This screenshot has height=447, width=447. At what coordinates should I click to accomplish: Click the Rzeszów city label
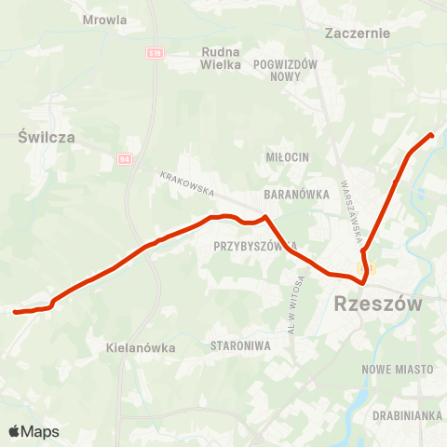tap(376, 304)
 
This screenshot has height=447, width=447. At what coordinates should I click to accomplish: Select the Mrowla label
tap(105, 18)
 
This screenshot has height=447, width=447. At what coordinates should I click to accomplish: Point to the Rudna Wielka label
tap(221, 60)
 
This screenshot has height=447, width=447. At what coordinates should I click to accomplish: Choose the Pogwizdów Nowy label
tap(286, 70)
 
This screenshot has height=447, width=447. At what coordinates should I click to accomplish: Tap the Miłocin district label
tap(287, 156)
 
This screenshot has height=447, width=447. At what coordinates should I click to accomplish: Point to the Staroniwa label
tap(240, 345)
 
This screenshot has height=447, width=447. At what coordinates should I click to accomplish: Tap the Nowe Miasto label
tap(401, 370)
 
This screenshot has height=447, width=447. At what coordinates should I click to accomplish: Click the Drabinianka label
tap(405, 414)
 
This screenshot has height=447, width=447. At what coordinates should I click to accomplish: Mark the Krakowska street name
tap(187, 183)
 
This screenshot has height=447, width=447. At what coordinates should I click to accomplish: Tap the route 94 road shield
tap(126, 159)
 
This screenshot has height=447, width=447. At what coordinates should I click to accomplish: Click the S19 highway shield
tap(155, 54)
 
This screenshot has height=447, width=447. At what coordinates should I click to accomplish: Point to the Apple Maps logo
tap(33, 431)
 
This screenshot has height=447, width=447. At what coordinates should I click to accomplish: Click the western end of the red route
tap(15, 312)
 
